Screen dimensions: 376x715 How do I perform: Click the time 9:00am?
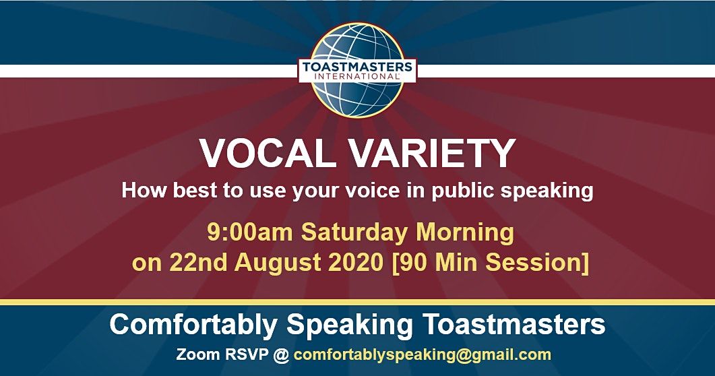click(x=250, y=232)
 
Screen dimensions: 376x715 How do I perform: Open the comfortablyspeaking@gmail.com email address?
click(x=422, y=354)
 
